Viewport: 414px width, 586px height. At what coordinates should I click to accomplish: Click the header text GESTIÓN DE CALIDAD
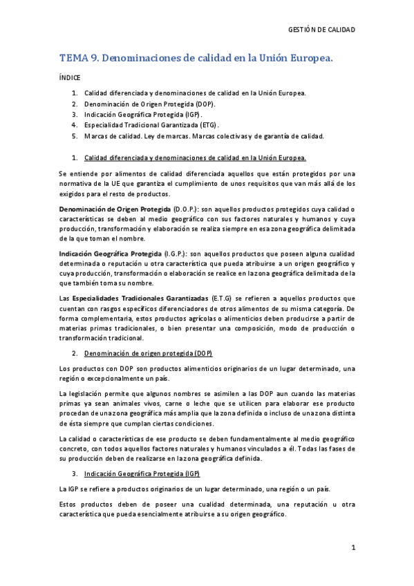321,30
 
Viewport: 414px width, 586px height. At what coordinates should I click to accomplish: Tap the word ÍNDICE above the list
70,78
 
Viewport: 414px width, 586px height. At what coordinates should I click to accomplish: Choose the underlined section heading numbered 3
142,474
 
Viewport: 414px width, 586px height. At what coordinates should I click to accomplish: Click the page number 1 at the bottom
352,548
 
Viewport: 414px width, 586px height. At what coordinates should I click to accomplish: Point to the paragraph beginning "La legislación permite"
207,408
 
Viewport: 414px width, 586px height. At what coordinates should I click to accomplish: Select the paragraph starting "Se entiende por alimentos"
207,183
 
